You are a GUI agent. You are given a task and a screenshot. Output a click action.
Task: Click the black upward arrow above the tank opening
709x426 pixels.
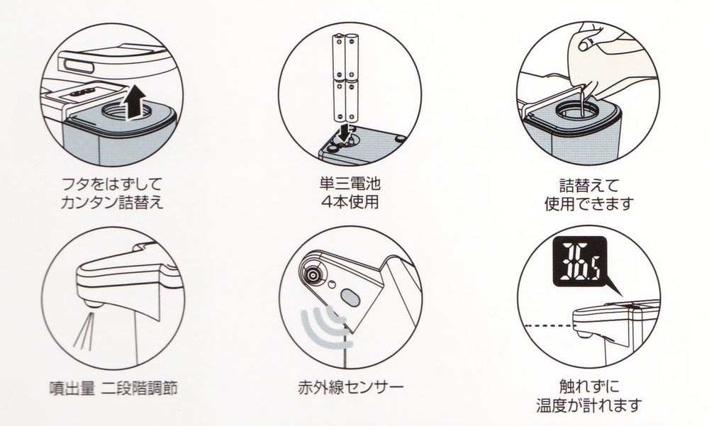[x=135, y=103]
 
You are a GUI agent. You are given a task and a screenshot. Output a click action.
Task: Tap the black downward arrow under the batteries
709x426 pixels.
[x=345, y=132]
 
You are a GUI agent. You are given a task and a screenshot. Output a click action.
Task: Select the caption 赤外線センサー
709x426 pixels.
[x=350, y=387]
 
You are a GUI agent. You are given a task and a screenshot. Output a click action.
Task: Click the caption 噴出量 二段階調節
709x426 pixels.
[x=113, y=388]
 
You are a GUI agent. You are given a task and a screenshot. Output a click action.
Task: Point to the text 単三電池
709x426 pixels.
[x=350, y=184]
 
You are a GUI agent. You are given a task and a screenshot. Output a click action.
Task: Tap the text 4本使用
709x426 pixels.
[x=350, y=202]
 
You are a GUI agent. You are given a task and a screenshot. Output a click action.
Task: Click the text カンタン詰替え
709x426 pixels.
[x=112, y=202]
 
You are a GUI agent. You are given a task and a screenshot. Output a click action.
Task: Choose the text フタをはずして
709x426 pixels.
[x=112, y=184]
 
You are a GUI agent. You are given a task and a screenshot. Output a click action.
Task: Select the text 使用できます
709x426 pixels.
[x=589, y=204]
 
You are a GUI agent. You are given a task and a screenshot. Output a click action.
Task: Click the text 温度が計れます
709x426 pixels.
[x=589, y=405]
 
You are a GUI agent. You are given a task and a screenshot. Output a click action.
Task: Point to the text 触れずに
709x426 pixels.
[x=589, y=386]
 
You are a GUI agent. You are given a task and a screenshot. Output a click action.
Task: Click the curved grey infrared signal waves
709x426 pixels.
[x=326, y=327]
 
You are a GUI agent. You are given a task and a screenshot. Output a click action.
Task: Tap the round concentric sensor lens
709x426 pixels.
[x=311, y=274]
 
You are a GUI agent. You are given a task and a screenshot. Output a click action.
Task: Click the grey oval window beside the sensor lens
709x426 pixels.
[x=350, y=298]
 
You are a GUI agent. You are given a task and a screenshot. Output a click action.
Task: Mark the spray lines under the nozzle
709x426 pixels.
[x=87, y=332]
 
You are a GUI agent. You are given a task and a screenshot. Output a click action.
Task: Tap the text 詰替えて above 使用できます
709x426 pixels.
[x=589, y=186]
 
